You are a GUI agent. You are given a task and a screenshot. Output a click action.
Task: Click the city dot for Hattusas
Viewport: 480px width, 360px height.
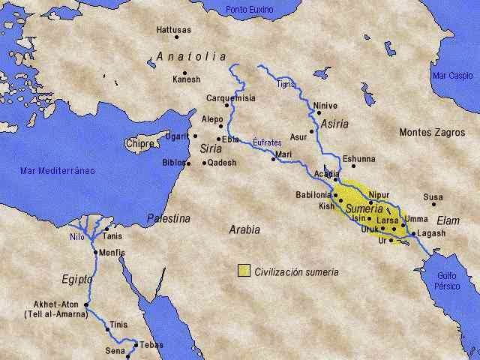[177, 37]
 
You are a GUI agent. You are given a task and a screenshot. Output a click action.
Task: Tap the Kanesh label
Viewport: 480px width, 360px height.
[186, 79]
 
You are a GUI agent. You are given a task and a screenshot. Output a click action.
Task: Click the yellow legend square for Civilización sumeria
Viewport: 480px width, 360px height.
[244, 271]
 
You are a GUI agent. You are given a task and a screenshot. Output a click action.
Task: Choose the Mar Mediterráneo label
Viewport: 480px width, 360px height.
[57, 171]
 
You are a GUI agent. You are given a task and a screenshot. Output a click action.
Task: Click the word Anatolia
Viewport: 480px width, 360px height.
[191, 56]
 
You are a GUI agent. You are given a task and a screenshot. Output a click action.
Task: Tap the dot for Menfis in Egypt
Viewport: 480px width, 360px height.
[96, 252]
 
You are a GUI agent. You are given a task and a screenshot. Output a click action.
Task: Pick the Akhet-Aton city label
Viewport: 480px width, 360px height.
[56, 304]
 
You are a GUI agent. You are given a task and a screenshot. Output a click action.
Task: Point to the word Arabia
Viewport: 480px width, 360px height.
[244, 230]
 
